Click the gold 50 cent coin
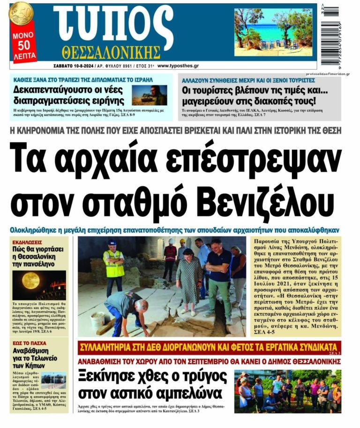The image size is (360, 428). click(x=21, y=13)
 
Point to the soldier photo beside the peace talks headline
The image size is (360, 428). click(x=149, y=95)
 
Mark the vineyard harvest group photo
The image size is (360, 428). click(x=287, y=390)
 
